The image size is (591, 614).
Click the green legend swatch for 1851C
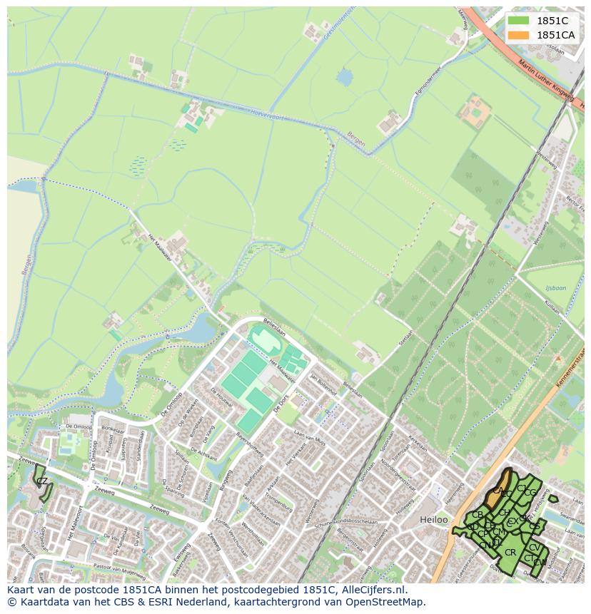click(x=519, y=21)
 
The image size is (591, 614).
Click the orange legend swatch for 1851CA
click(x=519, y=35)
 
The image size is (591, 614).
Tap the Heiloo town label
click(x=434, y=520)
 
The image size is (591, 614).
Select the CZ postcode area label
click(x=42, y=481)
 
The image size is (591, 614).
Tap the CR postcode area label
click(x=510, y=552)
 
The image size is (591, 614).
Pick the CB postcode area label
click(x=478, y=515)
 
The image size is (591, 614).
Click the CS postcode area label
click(x=534, y=526)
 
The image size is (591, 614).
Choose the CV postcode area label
click(x=534, y=548)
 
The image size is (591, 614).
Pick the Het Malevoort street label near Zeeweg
click(x=70, y=523)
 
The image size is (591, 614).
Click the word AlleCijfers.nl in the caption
click(x=373, y=590)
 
